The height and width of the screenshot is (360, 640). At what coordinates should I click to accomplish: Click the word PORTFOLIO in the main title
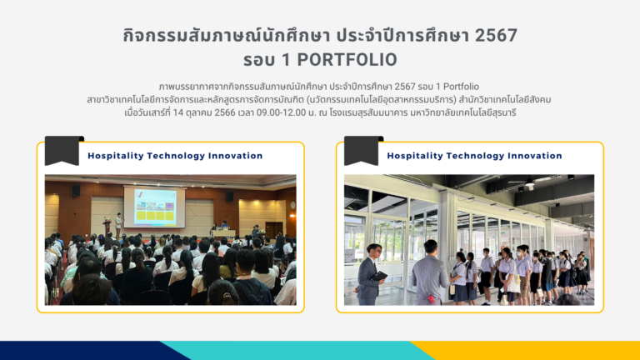tap(347, 60)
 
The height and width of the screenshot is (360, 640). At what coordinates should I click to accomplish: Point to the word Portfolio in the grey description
tap(461, 87)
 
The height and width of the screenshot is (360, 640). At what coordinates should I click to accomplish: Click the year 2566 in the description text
tap(225, 112)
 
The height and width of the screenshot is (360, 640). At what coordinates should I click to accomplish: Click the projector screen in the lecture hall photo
tap(154, 207)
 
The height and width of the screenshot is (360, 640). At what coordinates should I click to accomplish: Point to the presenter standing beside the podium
tap(118, 224)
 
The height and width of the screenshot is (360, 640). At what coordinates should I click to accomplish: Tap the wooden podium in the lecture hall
tap(107, 227)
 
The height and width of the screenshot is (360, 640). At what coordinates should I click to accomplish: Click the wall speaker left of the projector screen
tap(76, 191)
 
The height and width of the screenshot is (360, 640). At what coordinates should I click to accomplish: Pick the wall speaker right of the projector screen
tap(230, 196)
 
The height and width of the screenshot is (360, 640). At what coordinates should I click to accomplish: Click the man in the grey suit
tap(369, 274)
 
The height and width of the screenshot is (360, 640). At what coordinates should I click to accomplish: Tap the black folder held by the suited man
tap(379, 276)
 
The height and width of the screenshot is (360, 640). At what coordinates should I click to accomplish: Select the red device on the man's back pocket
tap(431, 300)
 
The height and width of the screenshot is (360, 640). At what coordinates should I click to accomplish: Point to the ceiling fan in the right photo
tap(527, 182)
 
